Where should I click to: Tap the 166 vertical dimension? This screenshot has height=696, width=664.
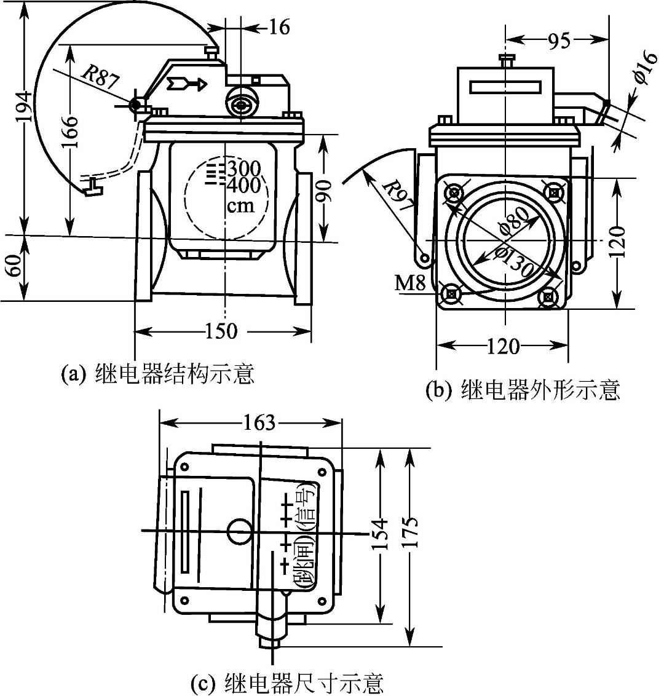click(x=71, y=129)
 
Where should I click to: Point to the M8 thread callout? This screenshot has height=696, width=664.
click(x=411, y=283)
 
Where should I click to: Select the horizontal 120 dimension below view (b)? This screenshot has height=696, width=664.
click(x=502, y=347)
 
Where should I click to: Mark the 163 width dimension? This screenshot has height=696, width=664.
click(x=259, y=424)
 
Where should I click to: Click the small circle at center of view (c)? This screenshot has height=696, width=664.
click(x=239, y=531)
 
